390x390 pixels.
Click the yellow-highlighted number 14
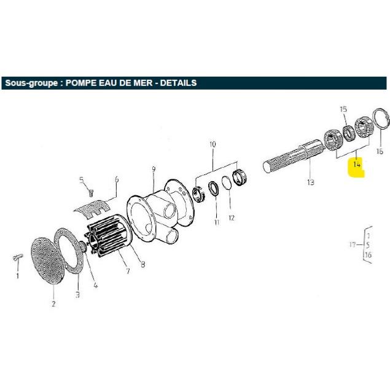click(356, 165)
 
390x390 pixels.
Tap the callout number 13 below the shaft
click(311, 182)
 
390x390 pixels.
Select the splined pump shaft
click(294, 157)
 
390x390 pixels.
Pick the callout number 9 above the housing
click(154, 170)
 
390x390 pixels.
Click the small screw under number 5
click(91, 193)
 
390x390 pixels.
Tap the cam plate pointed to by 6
click(93, 206)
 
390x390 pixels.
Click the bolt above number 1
click(18, 258)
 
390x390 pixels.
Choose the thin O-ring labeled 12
click(227, 185)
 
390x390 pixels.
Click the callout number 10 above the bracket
click(213, 144)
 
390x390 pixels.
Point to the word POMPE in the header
click(81, 83)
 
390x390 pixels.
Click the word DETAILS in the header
click(178, 83)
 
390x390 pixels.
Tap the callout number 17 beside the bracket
click(353, 244)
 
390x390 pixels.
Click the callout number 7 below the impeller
click(128, 271)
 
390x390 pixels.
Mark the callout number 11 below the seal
click(217, 222)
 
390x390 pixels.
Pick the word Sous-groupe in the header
click(31, 83)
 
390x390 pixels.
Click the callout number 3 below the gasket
click(77, 295)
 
